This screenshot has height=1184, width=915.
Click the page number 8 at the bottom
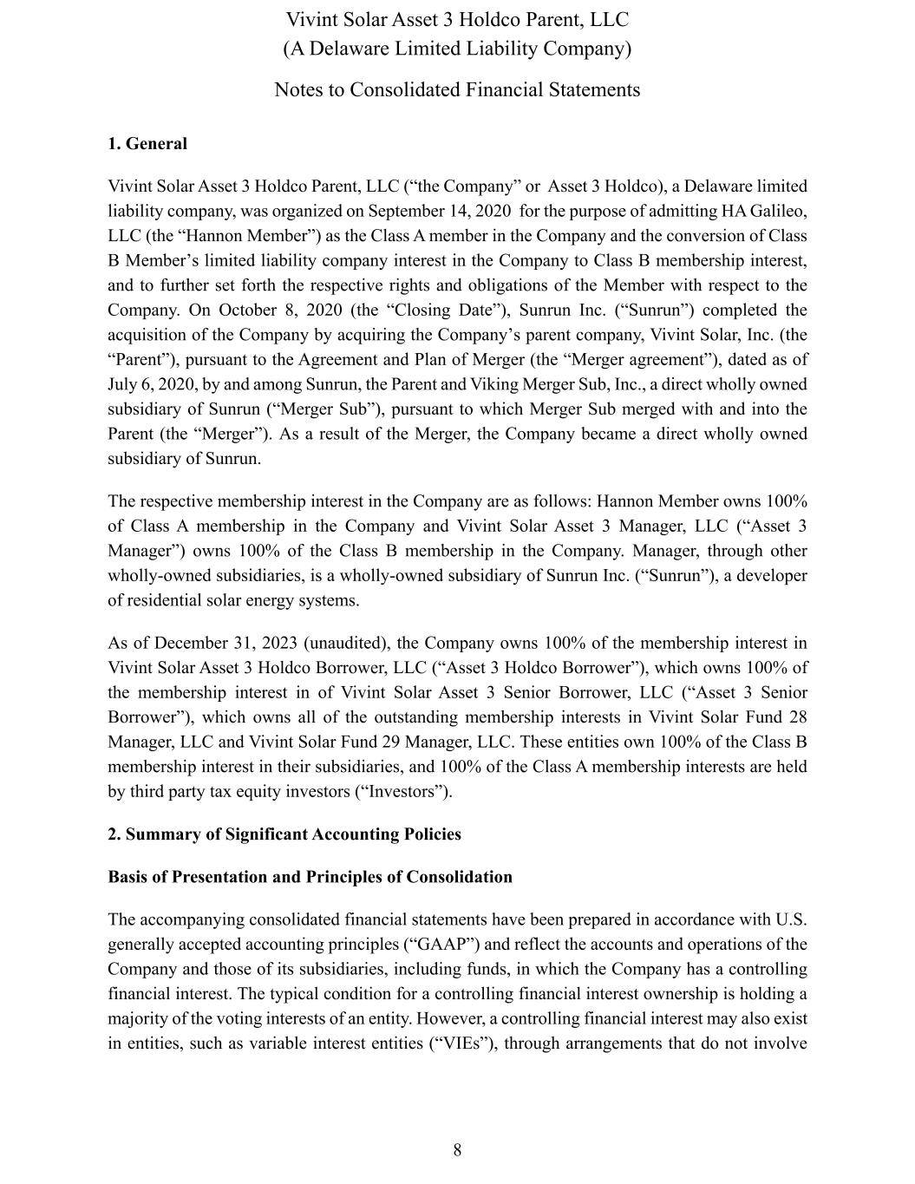tap(457, 1150)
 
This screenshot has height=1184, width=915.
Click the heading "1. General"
tap(147, 144)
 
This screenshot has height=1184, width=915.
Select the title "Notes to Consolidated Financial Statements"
tap(457, 90)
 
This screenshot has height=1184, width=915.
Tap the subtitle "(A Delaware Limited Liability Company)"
tap(457, 49)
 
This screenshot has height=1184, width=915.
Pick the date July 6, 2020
tap(144, 384)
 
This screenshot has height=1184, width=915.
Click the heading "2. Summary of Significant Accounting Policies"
tap(284, 834)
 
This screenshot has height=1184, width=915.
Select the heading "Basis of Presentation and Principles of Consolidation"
tap(310, 877)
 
